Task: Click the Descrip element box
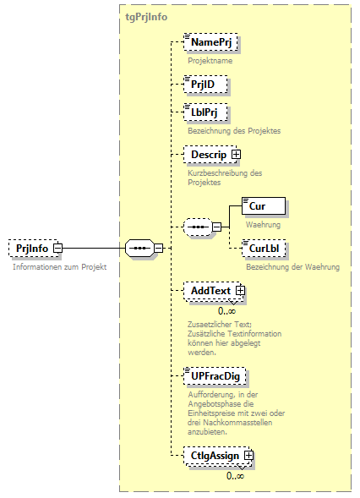(208, 155)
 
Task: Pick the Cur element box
(263, 205)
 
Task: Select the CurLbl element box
(262, 248)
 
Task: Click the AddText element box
(210, 291)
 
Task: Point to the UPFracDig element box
(219, 375)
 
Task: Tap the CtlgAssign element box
(214, 456)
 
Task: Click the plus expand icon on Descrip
(237, 155)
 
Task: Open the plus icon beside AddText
(240, 291)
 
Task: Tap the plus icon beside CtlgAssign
(248, 456)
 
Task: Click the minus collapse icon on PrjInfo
(57, 249)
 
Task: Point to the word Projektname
(210, 61)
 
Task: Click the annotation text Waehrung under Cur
(263, 225)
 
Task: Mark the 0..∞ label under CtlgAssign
(236, 475)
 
